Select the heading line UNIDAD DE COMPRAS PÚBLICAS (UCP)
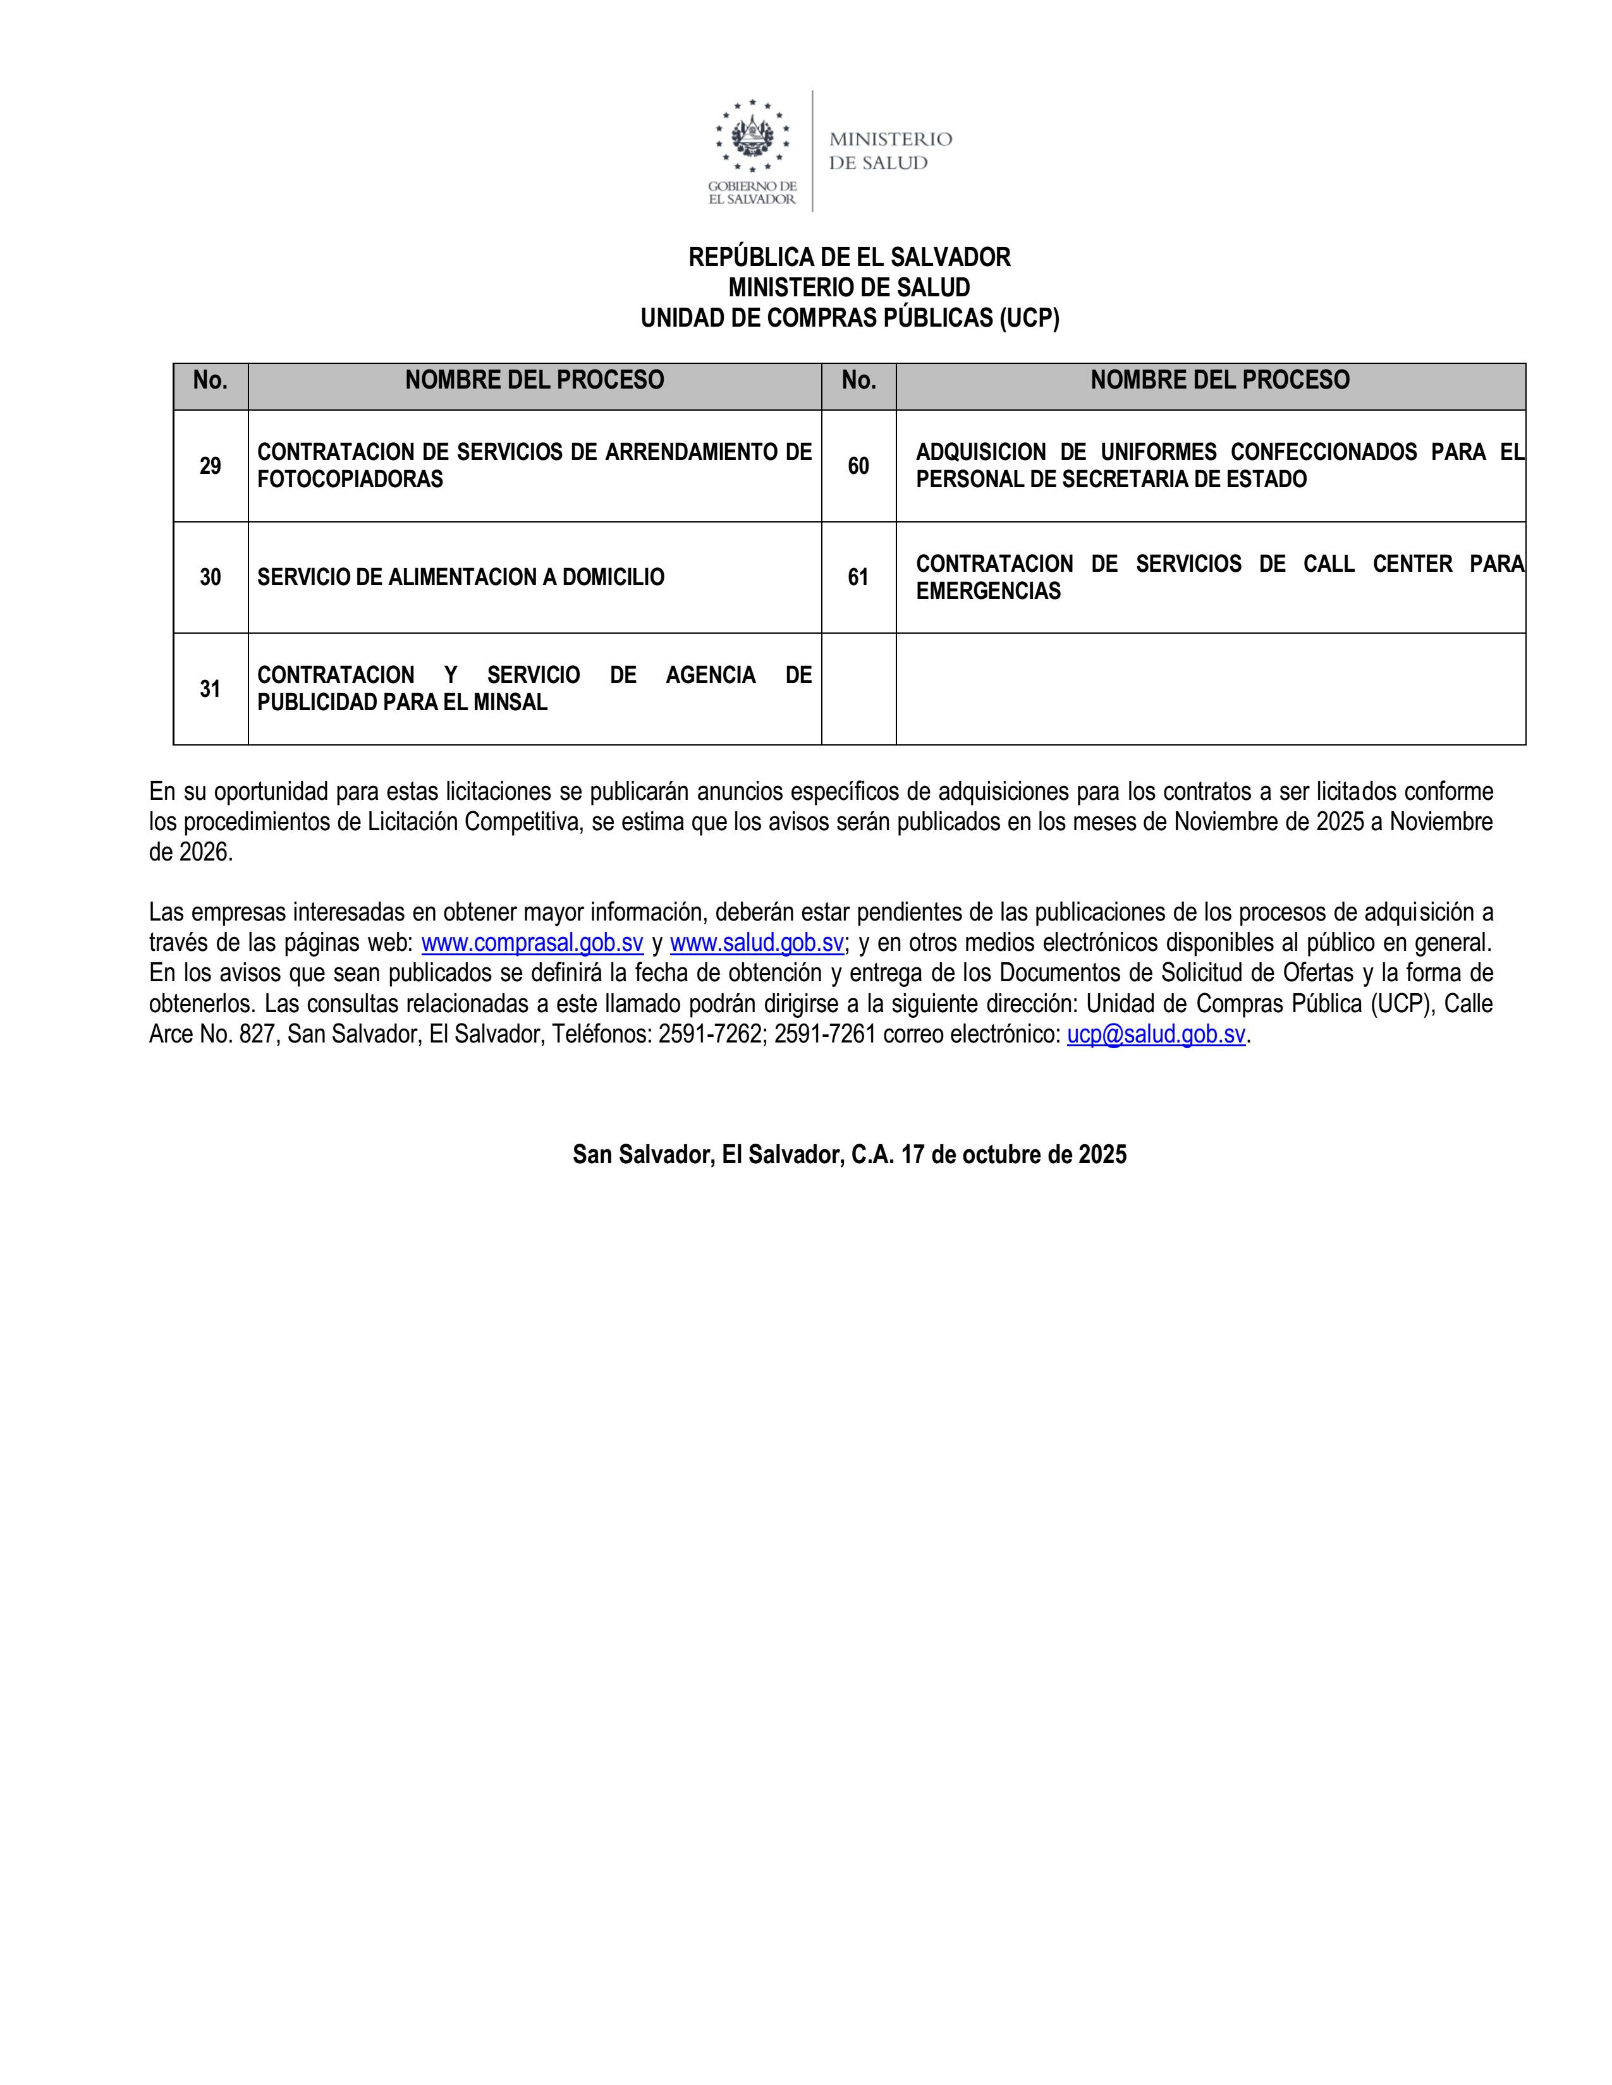(x=849, y=318)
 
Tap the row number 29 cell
(x=210, y=466)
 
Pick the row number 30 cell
(x=210, y=577)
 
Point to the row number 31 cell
(x=210, y=688)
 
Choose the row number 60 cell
(x=858, y=466)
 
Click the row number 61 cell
(x=858, y=577)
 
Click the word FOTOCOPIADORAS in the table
(x=350, y=480)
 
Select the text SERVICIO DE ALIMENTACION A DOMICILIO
(x=460, y=577)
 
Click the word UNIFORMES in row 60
(x=1158, y=452)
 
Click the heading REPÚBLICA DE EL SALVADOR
(x=849, y=257)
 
